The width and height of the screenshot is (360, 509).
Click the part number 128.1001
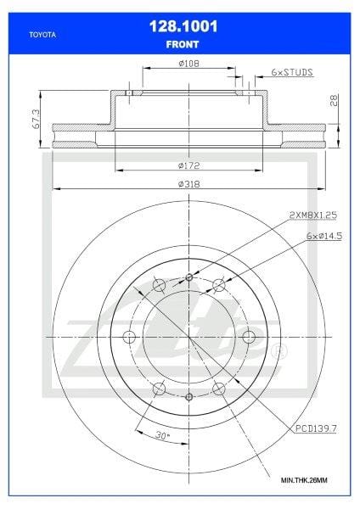pyautogui.click(x=180, y=28)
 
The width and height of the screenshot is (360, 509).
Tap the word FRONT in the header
pyautogui.click(x=180, y=42)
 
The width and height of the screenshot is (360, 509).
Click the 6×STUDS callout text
pyautogui.click(x=291, y=74)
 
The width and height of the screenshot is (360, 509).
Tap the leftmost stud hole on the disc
pyautogui.click(x=129, y=338)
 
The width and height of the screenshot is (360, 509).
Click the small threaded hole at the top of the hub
pyautogui.click(x=188, y=278)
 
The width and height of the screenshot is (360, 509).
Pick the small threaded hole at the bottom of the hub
pyautogui.click(x=188, y=397)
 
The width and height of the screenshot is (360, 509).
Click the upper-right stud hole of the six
pyautogui.click(x=218, y=285)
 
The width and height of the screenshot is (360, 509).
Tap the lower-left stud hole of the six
pyautogui.click(x=159, y=389)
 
